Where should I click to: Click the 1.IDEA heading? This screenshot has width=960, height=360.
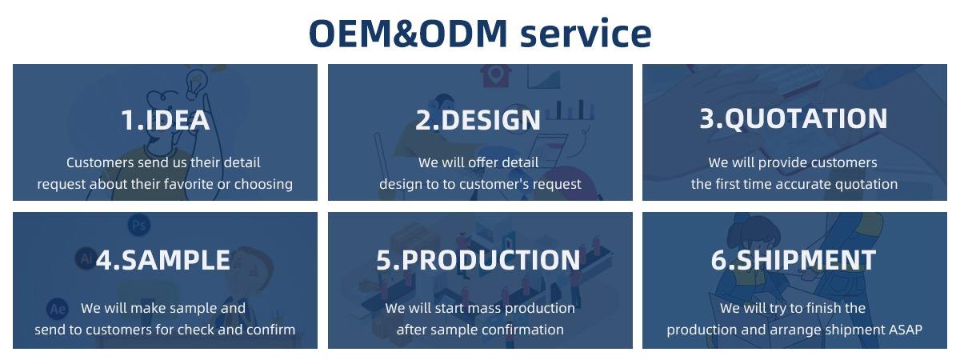(x=165, y=119)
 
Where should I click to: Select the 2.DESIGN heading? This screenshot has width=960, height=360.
(x=478, y=119)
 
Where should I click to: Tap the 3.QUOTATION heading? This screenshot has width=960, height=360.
(x=794, y=118)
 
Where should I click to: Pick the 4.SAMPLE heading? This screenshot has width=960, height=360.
(x=163, y=260)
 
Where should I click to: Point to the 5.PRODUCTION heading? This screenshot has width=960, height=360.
(x=478, y=260)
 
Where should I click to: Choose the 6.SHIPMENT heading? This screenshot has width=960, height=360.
(x=794, y=260)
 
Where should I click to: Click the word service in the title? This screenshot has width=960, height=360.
(x=586, y=34)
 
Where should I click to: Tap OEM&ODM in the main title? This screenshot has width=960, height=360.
(x=408, y=34)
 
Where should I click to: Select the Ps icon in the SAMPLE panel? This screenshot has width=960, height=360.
(x=139, y=226)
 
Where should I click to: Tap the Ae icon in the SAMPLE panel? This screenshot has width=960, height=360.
(x=58, y=309)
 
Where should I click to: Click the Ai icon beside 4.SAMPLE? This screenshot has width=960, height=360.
(x=86, y=258)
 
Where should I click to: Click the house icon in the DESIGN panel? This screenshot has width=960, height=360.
(x=495, y=75)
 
